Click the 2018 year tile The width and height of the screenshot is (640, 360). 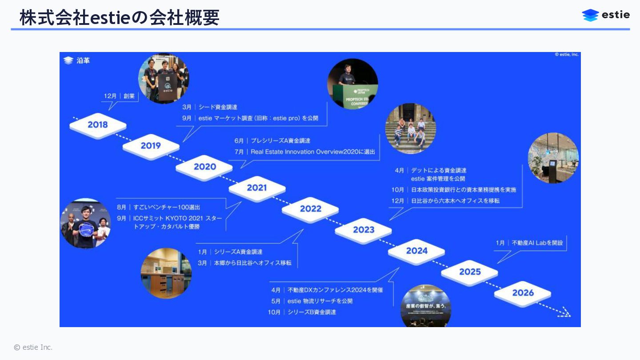pos(98,125)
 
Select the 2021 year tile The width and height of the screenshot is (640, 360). pos(257,188)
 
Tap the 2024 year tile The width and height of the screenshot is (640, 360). pos(416,251)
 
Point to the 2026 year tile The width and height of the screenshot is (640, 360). pos(523,293)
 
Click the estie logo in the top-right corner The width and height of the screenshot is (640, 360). pos(606,15)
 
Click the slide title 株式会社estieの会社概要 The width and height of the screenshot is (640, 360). pos(119,18)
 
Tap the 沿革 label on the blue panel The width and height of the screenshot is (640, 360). pos(83,60)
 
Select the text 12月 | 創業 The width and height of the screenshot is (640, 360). pos(119,96)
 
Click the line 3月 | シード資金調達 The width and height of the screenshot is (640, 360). pos(209,107)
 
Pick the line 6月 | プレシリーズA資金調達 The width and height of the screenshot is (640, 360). pos(272,141)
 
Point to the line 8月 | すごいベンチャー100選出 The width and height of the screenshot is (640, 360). pos(158,208)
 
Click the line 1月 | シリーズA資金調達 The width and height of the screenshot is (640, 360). pos(230,252)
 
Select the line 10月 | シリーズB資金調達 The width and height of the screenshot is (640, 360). pos(302,312)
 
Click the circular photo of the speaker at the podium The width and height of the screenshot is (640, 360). pos(352,84)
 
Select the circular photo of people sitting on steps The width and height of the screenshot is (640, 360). pos(410,128)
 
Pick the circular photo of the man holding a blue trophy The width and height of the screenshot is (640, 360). pos(85,223)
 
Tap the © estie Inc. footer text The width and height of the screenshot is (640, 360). pos(33,347)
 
